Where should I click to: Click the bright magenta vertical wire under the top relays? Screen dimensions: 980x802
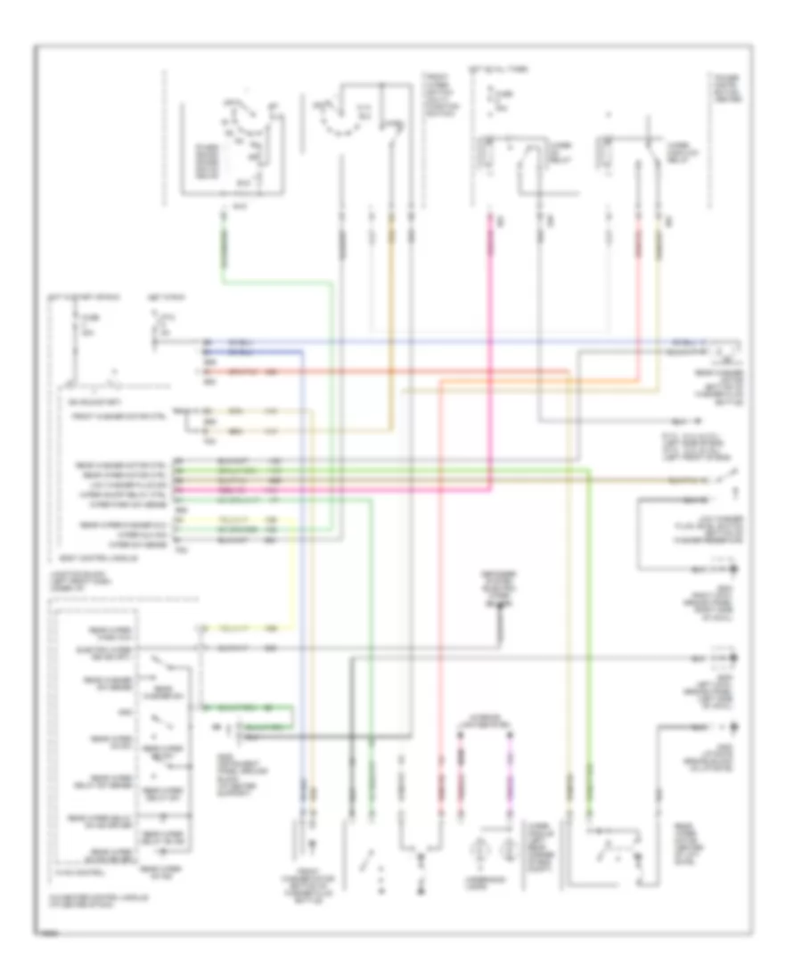pyautogui.click(x=489, y=294)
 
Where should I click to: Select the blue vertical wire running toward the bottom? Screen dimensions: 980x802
pyautogui.click(x=302, y=579)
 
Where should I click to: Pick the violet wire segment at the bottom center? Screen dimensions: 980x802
pyautogui.click(x=511, y=784)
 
